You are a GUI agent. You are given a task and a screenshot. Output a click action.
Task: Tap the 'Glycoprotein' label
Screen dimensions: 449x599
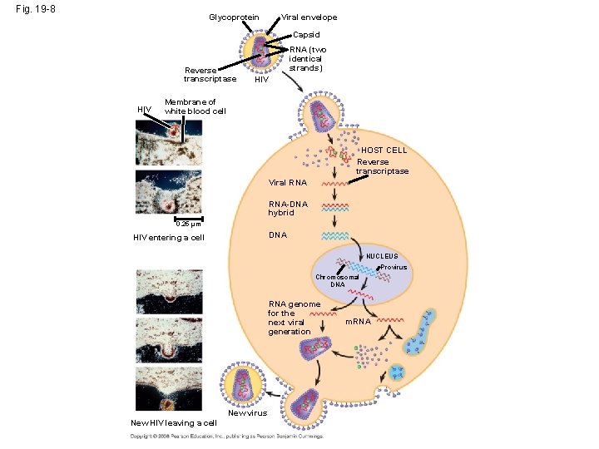pyautogui.click(x=234, y=17)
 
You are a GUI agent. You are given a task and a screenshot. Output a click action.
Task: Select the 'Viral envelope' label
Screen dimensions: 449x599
pyautogui.click(x=309, y=17)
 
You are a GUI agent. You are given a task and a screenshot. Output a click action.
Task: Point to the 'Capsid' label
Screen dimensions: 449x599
pyautogui.click(x=306, y=35)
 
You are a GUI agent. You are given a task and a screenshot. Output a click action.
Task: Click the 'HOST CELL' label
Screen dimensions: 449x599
pyautogui.click(x=384, y=150)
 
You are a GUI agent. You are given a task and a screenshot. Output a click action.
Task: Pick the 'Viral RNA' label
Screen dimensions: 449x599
pyautogui.click(x=288, y=182)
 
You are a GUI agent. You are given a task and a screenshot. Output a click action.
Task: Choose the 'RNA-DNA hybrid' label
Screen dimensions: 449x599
pyautogui.click(x=288, y=208)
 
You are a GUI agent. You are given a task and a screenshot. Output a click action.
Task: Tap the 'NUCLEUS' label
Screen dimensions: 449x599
pyautogui.click(x=382, y=257)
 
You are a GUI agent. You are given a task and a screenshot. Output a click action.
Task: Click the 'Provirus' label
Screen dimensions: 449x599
pyautogui.click(x=394, y=268)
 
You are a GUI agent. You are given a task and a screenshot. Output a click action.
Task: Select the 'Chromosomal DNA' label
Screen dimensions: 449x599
pyautogui.click(x=337, y=280)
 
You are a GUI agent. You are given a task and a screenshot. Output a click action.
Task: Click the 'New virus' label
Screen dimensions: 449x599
pyautogui.click(x=248, y=412)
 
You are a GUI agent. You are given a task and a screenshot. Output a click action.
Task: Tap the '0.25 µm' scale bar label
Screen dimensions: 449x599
pyautogui.click(x=188, y=223)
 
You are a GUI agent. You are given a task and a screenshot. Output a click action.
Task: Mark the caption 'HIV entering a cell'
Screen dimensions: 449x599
pyautogui.click(x=169, y=238)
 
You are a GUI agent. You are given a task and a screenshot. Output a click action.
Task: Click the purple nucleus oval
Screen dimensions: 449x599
pyautogui.click(x=374, y=283)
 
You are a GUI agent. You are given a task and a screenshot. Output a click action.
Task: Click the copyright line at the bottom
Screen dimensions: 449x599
pyautogui.click(x=225, y=436)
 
